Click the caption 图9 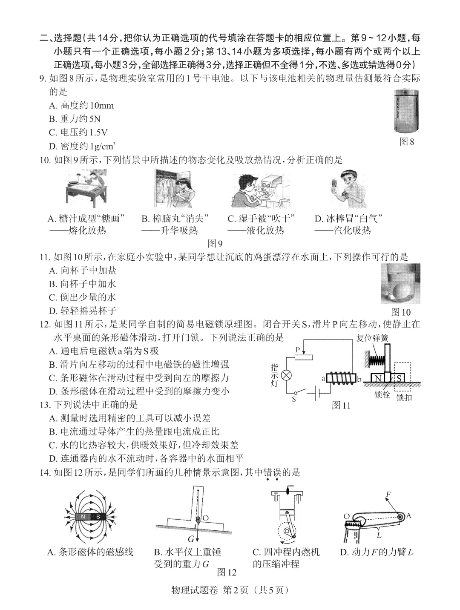(x=215, y=243)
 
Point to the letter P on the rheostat (x=298, y=349)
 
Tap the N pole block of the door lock (x=377, y=378)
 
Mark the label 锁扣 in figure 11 (x=404, y=397)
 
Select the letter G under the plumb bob (x=191, y=539)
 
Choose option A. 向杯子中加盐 (x=83, y=270)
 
